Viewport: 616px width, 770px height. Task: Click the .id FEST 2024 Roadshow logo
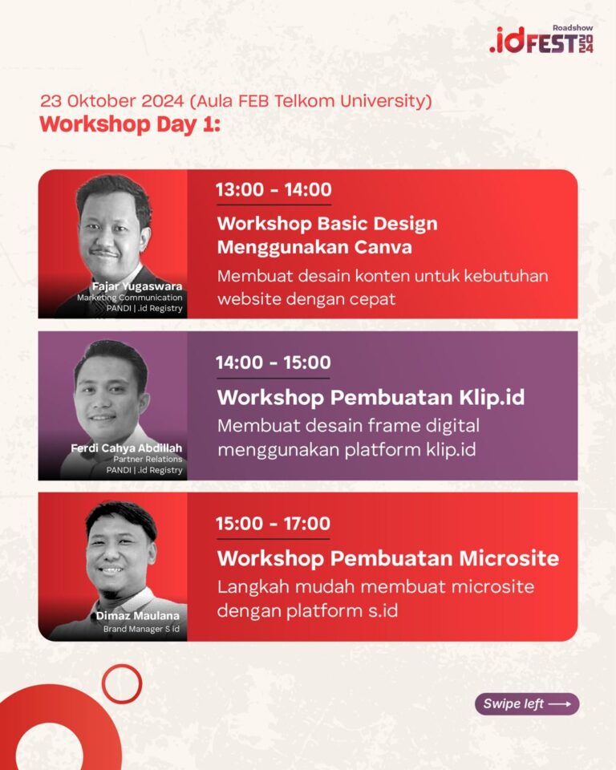coord(541,39)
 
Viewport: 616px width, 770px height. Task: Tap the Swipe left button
coord(527,703)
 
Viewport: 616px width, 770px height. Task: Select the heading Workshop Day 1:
coord(130,124)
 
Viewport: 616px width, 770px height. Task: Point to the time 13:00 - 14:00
coord(274,189)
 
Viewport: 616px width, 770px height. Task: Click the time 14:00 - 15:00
coord(274,363)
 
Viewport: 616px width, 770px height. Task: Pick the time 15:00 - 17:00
coord(274,524)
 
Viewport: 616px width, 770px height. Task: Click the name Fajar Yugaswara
coord(137,286)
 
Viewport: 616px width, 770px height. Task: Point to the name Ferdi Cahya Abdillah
coord(126,448)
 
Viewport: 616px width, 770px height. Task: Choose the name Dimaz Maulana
coord(137,615)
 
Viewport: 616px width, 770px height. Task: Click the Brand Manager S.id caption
coord(141,629)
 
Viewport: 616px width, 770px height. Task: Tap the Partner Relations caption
coord(148,459)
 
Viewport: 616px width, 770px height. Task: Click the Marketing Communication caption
coord(130,298)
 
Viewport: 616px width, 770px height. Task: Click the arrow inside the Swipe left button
coord(560,704)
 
